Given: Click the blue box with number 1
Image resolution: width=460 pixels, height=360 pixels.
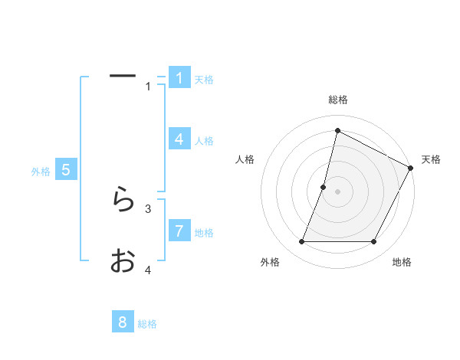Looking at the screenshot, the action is pyautogui.click(x=179, y=78).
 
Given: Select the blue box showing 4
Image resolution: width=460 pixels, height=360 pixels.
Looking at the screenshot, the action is pyautogui.click(x=179, y=139).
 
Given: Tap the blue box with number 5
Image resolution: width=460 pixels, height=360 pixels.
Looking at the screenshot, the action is pyautogui.click(x=66, y=170).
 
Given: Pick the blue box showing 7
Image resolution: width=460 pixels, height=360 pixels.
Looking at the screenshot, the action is pyautogui.click(x=179, y=231).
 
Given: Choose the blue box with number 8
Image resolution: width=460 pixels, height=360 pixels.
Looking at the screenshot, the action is pyautogui.click(x=123, y=322).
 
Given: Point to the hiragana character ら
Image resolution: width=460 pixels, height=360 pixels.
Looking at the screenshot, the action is pyautogui.click(x=122, y=201).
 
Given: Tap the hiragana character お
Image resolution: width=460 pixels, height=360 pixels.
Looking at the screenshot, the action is pyautogui.click(x=122, y=261).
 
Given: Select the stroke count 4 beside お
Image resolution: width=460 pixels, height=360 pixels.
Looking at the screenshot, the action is pyautogui.click(x=148, y=270).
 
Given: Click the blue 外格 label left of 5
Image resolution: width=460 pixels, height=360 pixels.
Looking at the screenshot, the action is pyautogui.click(x=41, y=172).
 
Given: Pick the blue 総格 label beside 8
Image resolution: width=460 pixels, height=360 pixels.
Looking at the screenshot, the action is pyautogui.click(x=147, y=324).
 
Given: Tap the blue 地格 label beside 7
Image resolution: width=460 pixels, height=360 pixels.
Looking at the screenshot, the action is pyautogui.click(x=204, y=232).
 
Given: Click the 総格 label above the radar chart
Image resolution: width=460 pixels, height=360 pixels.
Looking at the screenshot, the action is pyautogui.click(x=337, y=100).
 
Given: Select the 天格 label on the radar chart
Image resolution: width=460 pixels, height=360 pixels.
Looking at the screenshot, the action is pyautogui.click(x=431, y=159).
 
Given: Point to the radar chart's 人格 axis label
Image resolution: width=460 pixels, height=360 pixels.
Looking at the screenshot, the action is pyautogui.click(x=245, y=159).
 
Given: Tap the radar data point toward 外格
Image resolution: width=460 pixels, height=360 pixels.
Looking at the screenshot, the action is pyautogui.click(x=302, y=242).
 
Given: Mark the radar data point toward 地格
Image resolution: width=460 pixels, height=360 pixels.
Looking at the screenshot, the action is pyautogui.click(x=373, y=242).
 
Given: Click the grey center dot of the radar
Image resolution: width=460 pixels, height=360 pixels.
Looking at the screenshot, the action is pyautogui.click(x=337, y=191).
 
